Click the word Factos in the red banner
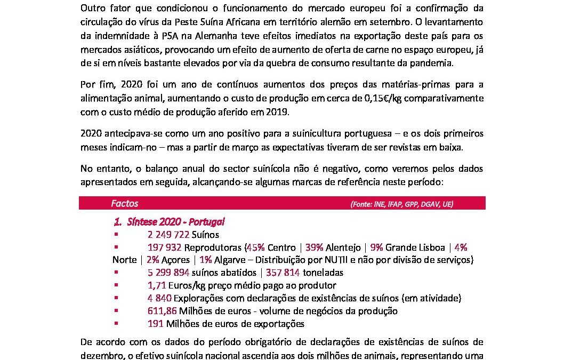124,203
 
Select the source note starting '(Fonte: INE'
402,204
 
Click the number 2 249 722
167,234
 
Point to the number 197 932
165,247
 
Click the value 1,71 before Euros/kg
157,285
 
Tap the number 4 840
159,298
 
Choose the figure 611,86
163,311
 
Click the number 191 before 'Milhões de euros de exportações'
156,324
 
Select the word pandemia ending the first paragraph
432,62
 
